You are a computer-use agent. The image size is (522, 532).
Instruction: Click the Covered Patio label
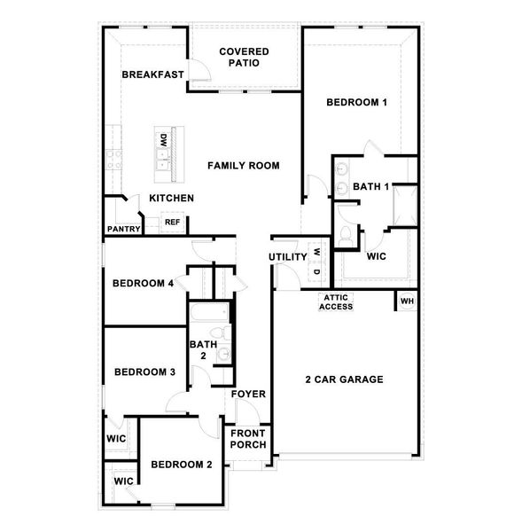point(245,58)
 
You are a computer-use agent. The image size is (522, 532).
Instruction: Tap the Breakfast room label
point(152,75)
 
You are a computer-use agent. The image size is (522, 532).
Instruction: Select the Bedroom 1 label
point(357,103)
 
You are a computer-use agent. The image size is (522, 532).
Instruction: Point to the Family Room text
point(244,166)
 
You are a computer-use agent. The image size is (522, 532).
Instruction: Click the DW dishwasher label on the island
point(164,140)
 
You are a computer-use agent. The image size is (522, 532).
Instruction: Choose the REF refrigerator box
point(172,222)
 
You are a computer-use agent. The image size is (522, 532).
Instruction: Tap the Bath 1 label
point(371,187)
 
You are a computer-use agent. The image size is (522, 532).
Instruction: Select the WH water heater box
point(407,301)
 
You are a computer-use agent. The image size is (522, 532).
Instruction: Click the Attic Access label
point(337,302)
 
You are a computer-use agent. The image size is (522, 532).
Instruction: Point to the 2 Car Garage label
point(344,379)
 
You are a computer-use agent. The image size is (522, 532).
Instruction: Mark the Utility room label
point(288,257)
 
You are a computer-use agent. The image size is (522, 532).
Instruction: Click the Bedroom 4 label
point(142,285)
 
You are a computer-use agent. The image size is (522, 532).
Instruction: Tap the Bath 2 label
point(203,349)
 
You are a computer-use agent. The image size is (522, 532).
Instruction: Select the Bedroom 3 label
point(144,372)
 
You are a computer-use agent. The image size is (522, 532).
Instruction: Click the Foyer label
point(248,394)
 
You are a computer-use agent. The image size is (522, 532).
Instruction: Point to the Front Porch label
point(248,439)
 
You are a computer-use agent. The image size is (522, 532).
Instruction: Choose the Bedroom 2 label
point(181,465)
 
